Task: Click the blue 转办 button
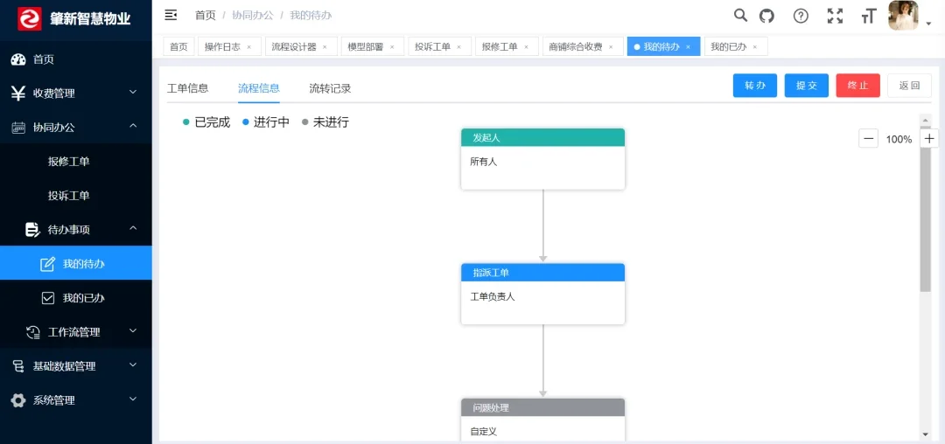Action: point(754,86)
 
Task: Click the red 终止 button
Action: point(857,86)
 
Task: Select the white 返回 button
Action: point(909,86)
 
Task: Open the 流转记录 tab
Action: point(330,88)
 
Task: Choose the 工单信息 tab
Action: point(187,88)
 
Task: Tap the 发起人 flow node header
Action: point(543,138)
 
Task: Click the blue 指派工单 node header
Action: point(543,273)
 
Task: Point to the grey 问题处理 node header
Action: point(543,407)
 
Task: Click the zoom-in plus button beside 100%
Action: point(929,139)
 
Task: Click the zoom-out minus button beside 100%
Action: point(869,139)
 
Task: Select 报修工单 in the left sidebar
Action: point(69,161)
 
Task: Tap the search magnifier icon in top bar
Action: point(740,16)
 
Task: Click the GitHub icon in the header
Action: point(766,16)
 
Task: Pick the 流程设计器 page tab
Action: point(294,47)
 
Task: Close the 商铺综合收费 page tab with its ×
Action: point(611,47)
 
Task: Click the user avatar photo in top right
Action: point(903,16)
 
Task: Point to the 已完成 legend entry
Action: point(206,122)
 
